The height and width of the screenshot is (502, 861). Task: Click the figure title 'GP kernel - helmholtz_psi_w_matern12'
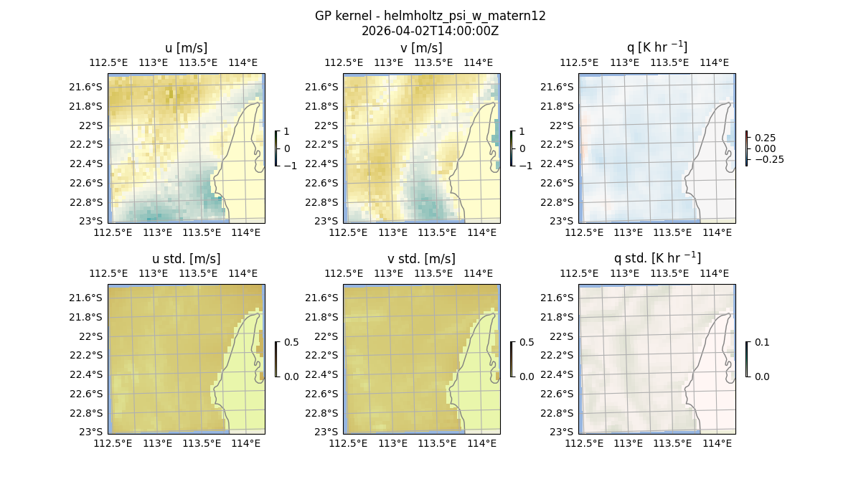click(x=430, y=16)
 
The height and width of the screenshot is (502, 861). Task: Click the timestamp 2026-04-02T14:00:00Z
click(x=430, y=31)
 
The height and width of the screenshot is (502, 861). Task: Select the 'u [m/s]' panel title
click(x=186, y=48)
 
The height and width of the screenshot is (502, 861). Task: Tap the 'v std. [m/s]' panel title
click(x=421, y=259)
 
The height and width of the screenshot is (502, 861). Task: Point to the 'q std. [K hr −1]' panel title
click(x=657, y=258)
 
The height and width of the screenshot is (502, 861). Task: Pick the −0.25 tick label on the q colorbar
click(x=768, y=159)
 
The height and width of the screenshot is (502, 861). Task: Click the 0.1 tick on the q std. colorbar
click(x=761, y=343)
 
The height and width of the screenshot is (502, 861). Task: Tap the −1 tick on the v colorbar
click(x=525, y=165)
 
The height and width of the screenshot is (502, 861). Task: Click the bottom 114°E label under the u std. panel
click(x=246, y=444)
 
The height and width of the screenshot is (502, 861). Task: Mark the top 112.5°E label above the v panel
click(x=342, y=62)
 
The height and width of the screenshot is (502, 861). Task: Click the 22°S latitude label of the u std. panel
click(x=90, y=336)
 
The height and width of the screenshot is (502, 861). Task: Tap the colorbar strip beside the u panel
click(x=276, y=148)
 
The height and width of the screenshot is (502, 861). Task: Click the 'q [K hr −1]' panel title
click(x=657, y=48)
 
